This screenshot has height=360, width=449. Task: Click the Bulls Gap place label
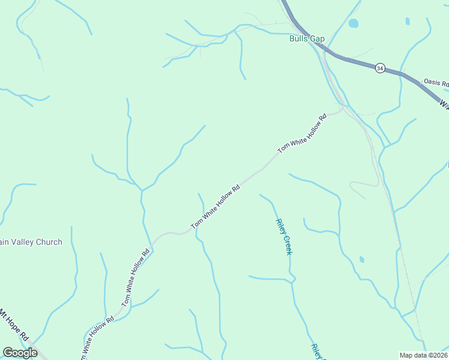pos(307,39)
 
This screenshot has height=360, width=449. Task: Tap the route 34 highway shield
pos(380,68)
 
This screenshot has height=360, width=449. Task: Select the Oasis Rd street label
pos(436,83)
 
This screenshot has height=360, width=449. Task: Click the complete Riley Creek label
pos(284,236)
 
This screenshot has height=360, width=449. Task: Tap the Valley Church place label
pos(31,242)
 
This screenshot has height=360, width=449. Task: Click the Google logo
pos(20,353)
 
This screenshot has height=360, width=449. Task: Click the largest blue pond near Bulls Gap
pos(353,24)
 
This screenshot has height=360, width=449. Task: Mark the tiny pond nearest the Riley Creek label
pos(361,259)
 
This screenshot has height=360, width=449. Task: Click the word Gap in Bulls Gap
pos(318,39)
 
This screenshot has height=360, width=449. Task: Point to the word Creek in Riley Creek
pos(287,244)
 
